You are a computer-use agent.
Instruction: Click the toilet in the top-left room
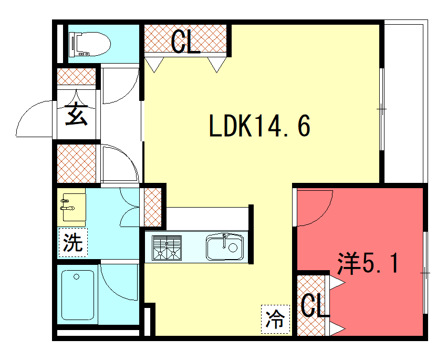[x=89, y=44]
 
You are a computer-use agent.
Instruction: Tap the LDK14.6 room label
[x=259, y=126]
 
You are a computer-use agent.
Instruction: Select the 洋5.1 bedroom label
[x=368, y=263]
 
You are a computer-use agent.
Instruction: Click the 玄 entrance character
[x=76, y=114]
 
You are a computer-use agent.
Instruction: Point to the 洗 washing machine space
[x=73, y=242]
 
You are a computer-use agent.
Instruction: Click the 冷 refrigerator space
[x=275, y=319]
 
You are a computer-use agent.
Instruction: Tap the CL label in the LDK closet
[x=185, y=42]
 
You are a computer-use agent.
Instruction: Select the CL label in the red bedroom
[x=313, y=305]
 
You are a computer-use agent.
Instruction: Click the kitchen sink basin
[x=225, y=247]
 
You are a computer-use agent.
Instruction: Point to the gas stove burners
[x=167, y=248]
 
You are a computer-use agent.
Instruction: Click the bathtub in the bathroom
[x=78, y=295]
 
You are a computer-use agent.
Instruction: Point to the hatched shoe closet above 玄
[x=76, y=76]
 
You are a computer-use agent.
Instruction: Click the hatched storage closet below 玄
[x=76, y=163]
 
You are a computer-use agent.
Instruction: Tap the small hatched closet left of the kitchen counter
[x=152, y=208]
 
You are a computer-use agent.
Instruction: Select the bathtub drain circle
[x=76, y=277]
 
